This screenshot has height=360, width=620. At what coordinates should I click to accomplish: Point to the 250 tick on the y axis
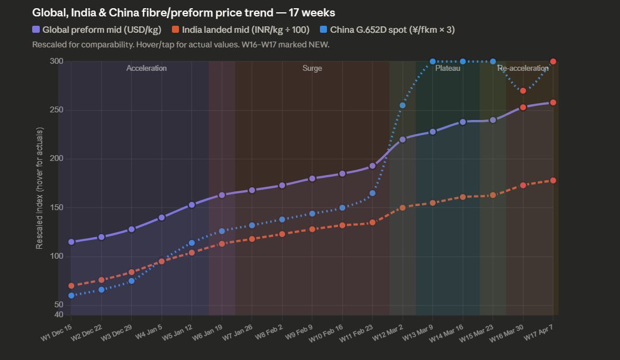click(56, 110)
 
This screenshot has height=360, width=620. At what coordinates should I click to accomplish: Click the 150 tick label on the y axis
click(56, 208)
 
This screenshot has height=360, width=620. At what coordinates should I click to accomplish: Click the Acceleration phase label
click(146, 68)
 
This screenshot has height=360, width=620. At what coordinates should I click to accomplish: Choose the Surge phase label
click(312, 68)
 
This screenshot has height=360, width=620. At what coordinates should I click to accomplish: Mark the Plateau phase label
click(447, 68)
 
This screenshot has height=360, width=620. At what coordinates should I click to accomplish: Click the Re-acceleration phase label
click(522, 68)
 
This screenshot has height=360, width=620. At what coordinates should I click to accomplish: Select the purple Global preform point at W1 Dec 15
click(71, 242)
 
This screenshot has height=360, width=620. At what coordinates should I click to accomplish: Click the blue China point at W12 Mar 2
click(402, 105)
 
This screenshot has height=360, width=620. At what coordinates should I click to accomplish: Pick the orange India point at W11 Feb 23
click(372, 222)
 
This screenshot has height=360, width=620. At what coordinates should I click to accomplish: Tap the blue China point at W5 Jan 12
click(191, 242)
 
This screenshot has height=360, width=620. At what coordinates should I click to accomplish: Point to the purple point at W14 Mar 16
click(463, 122)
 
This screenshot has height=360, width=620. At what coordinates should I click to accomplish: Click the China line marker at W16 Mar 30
click(523, 91)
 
